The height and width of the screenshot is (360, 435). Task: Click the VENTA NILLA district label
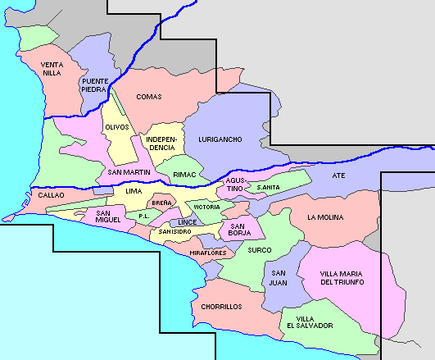tap(52, 69)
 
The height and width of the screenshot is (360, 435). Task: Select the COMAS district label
tap(149, 97)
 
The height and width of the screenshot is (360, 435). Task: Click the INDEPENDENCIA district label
tap(161, 144)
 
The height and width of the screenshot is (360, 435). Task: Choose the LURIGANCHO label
tap(220, 139)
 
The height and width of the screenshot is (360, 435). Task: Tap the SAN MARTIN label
tap(129, 172)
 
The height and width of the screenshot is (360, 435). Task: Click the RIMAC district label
tap(184, 175)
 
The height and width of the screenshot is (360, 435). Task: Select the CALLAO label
tap(51, 196)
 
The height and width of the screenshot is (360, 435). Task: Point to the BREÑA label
tap(161, 203)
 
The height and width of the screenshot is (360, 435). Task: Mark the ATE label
tap(339, 176)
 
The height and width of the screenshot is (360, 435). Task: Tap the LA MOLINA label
tap(325, 217)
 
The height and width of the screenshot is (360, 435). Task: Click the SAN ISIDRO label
tap(175, 232)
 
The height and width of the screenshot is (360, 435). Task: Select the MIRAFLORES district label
tap(207, 253)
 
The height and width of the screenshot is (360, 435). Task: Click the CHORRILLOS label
tap(221, 307)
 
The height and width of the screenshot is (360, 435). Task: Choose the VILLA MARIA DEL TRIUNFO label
tap(342, 278)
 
